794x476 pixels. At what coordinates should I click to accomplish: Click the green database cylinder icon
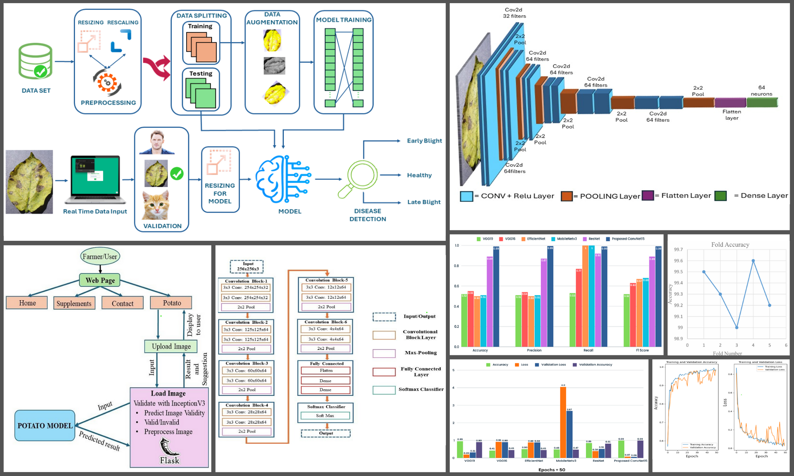pyautogui.click(x=35, y=61)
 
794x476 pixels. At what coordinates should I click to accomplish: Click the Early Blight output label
pyautogui.click(x=424, y=141)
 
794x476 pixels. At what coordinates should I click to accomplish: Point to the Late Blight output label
pyautogui.click(x=424, y=202)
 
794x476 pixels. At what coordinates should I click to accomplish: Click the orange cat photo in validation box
pyautogui.click(x=156, y=205)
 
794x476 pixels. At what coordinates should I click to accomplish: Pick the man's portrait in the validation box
pyautogui.click(x=157, y=142)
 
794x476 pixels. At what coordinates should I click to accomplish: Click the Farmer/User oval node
pyautogui.click(x=100, y=257)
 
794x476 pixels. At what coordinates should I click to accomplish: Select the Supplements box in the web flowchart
pyautogui.click(x=74, y=303)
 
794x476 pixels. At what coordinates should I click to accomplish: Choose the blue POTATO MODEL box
pyautogui.click(x=45, y=426)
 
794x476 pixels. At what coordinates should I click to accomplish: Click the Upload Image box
pyautogui.click(x=171, y=346)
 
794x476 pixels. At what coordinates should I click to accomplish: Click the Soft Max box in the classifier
pyautogui.click(x=325, y=416)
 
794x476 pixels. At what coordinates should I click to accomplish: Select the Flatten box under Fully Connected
pyautogui.click(x=326, y=370)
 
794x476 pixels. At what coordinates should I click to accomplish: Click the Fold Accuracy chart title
pyautogui.click(x=730, y=245)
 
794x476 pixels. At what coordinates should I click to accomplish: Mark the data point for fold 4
pyautogui.click(x=753, y=261)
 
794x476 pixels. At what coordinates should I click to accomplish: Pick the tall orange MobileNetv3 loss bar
pyautogui.click(x=563, y=422)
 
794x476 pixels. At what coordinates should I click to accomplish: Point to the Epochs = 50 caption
pyautogui.click(x=551, y=470)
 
